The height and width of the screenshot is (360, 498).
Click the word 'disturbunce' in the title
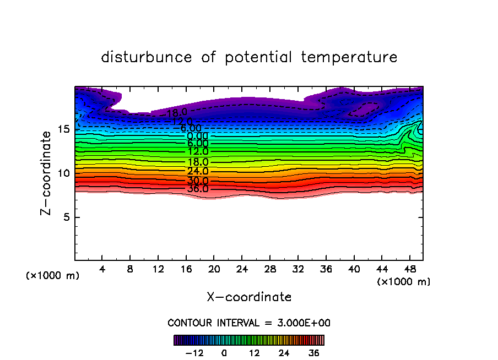(x=147, y=57)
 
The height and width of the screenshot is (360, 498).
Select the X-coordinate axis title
(x=249, y=297)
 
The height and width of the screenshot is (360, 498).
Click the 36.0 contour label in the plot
(x=197, y=189)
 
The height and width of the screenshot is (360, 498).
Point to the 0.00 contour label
(x=197, y=136)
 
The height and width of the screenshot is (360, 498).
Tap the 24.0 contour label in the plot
(x=197, y=171)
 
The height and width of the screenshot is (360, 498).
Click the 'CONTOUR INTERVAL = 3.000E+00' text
(x=249, y=323)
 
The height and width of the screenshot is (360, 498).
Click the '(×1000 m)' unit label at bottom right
(x=404, y=282)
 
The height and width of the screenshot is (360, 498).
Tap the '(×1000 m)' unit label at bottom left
(x=53, y=276)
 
